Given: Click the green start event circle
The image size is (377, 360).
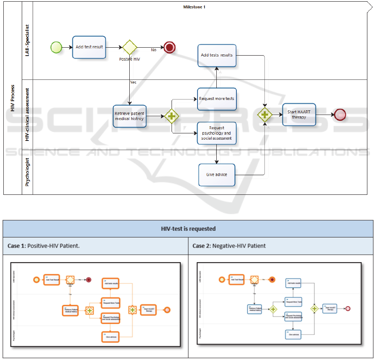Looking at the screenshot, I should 56,47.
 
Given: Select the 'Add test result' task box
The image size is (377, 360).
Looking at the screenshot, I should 89,47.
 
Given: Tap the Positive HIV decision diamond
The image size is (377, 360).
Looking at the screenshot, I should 130,47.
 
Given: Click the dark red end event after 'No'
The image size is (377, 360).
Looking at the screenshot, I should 169,47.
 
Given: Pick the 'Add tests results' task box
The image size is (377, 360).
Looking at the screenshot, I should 217,55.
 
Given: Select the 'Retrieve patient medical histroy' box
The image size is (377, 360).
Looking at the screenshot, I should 130,116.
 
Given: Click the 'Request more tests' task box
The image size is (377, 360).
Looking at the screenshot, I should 217,99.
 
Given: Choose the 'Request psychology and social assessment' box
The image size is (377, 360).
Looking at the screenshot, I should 217,133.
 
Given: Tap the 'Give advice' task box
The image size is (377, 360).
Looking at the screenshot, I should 217,174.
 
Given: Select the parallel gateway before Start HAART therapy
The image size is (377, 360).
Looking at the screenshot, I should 264,115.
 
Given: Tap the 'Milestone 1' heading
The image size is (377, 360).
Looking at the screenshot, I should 195,7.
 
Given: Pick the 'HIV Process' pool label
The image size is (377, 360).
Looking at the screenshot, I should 13,98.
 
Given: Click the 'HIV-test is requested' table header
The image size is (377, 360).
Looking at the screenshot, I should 188,229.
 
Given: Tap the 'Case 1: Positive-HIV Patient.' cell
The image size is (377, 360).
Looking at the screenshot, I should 44,246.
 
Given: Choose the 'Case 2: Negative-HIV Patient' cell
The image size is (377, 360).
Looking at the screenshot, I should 229,246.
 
